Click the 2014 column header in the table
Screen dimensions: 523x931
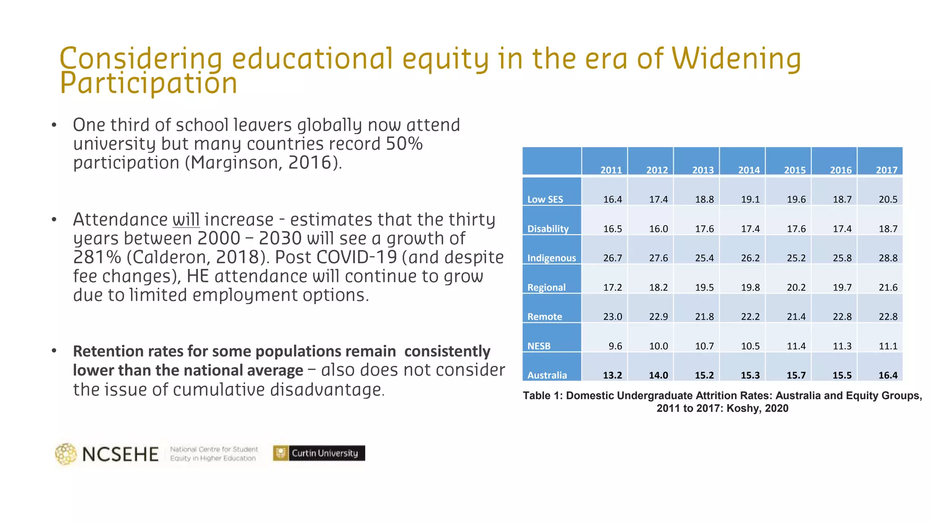[749, 170]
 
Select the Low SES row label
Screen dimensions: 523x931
[545, 199]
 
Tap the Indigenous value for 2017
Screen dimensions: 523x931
[888, 258]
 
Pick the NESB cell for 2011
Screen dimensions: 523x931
[615, 346]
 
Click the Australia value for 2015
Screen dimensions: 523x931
[796, 375]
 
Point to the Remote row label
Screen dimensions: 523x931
[545, 316]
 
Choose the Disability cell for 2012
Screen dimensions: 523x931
[658, 229]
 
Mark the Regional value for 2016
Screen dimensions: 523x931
[842, 287]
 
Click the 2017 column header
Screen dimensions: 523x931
[886, 170]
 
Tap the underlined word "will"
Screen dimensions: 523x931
[186, 220]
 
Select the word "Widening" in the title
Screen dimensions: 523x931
[736, 59]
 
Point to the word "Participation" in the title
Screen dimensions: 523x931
[149, 83]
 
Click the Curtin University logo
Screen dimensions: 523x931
[319, 453]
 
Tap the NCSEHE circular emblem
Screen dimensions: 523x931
[66, 454]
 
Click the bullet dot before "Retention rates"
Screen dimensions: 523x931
[54, 350]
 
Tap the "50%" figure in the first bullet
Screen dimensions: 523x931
[404, 144]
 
